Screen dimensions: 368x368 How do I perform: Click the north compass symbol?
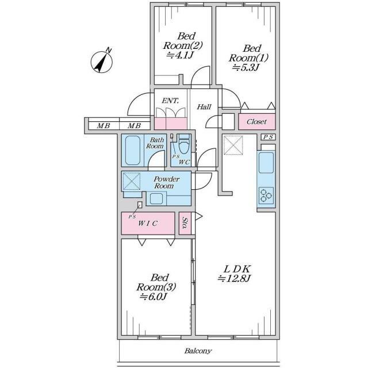pos(102,62)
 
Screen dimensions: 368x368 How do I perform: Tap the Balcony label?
pos(198,351)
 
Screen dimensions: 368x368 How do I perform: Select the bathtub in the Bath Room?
pos(133,150)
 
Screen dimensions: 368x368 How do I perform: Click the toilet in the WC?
pos(184,144)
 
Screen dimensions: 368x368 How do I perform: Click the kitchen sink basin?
pos(266,162)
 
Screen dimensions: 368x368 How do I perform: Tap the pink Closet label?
pos(256,121)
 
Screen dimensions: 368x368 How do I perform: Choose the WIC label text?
pos(147,223)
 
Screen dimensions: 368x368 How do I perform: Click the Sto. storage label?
pos(185,223)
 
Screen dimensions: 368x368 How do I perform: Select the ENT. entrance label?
pos(170,101)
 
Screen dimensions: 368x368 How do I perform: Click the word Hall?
pos(204,107)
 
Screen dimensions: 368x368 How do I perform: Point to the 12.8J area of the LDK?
pos(234,278)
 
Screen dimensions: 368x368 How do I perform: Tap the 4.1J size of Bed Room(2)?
pos(179,55)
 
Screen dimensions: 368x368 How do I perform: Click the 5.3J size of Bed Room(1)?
pos(246,68)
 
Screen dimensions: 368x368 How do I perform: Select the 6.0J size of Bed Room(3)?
pos(153,297)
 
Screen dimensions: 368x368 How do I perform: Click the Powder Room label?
pos(166,182)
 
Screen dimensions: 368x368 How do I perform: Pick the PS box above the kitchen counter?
pos(268,137)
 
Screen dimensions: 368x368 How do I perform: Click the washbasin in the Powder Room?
pos(156,198)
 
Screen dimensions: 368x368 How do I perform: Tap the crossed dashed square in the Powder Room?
pos(132,181)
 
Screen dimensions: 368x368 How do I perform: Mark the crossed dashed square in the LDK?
pos(233,145)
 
